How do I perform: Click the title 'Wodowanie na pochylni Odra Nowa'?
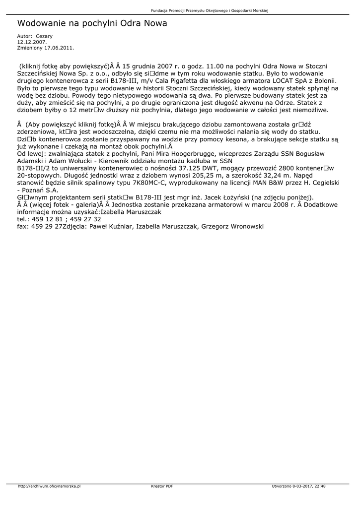(x=92, y=23)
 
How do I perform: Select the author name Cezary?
(x=44, y=36)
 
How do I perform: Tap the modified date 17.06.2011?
(x=59, y=48)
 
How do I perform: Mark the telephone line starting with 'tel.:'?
(x=59, y=219)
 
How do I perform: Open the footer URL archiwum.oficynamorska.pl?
(x=49, y=486)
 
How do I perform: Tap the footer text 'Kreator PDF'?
(x=162, y=486)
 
